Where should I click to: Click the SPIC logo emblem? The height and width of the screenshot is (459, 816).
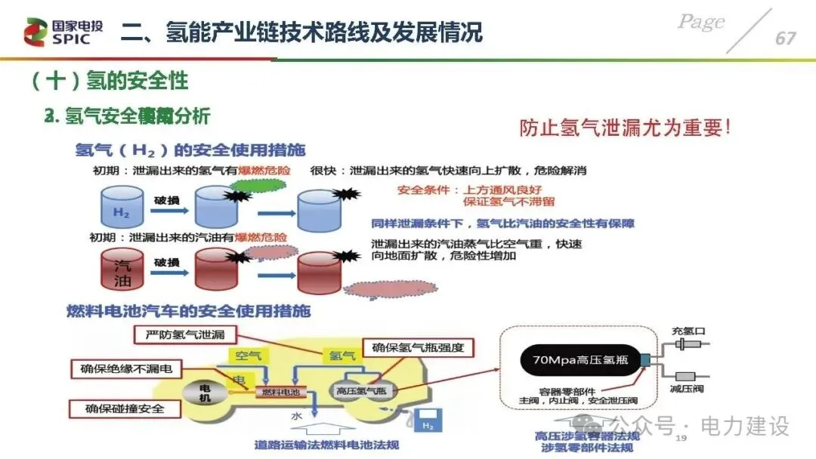coord(35,31)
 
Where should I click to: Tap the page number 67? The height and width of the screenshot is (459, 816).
coord(785,38)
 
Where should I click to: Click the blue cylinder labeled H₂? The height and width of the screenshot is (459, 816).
coord(122,208)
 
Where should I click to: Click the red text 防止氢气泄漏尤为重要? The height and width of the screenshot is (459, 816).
coord(624,128)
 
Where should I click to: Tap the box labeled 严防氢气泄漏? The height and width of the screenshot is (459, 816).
coord(184,334)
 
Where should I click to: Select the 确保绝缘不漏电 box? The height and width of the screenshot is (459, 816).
coord(126,369)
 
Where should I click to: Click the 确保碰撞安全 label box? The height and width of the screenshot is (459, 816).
coord(126,409)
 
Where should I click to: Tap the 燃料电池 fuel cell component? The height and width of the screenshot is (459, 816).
coord(280,392)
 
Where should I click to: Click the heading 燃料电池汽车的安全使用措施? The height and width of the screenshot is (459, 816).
coord(188,311)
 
